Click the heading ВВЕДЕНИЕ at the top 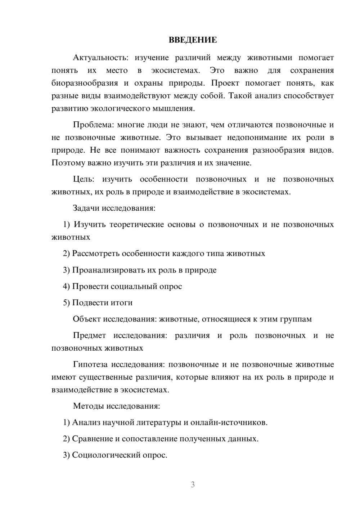click(x=193, y=40)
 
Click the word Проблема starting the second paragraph click(x=93, y=125)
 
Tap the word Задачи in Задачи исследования click(x=86, y=208)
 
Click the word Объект click(x=87, y=319)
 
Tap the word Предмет click(x=89, y=335)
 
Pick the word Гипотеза click(x=90, y=365)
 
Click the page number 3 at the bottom click(x=193, y=485)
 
